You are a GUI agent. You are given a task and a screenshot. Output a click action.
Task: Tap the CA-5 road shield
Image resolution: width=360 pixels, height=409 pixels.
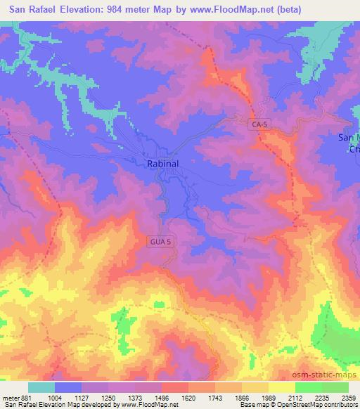tap(259, 124)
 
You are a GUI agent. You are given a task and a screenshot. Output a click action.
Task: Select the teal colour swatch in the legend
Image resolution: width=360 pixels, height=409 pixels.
tap(41, 387)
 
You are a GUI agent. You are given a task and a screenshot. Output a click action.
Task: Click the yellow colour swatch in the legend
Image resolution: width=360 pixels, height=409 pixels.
tap(282, 387)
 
